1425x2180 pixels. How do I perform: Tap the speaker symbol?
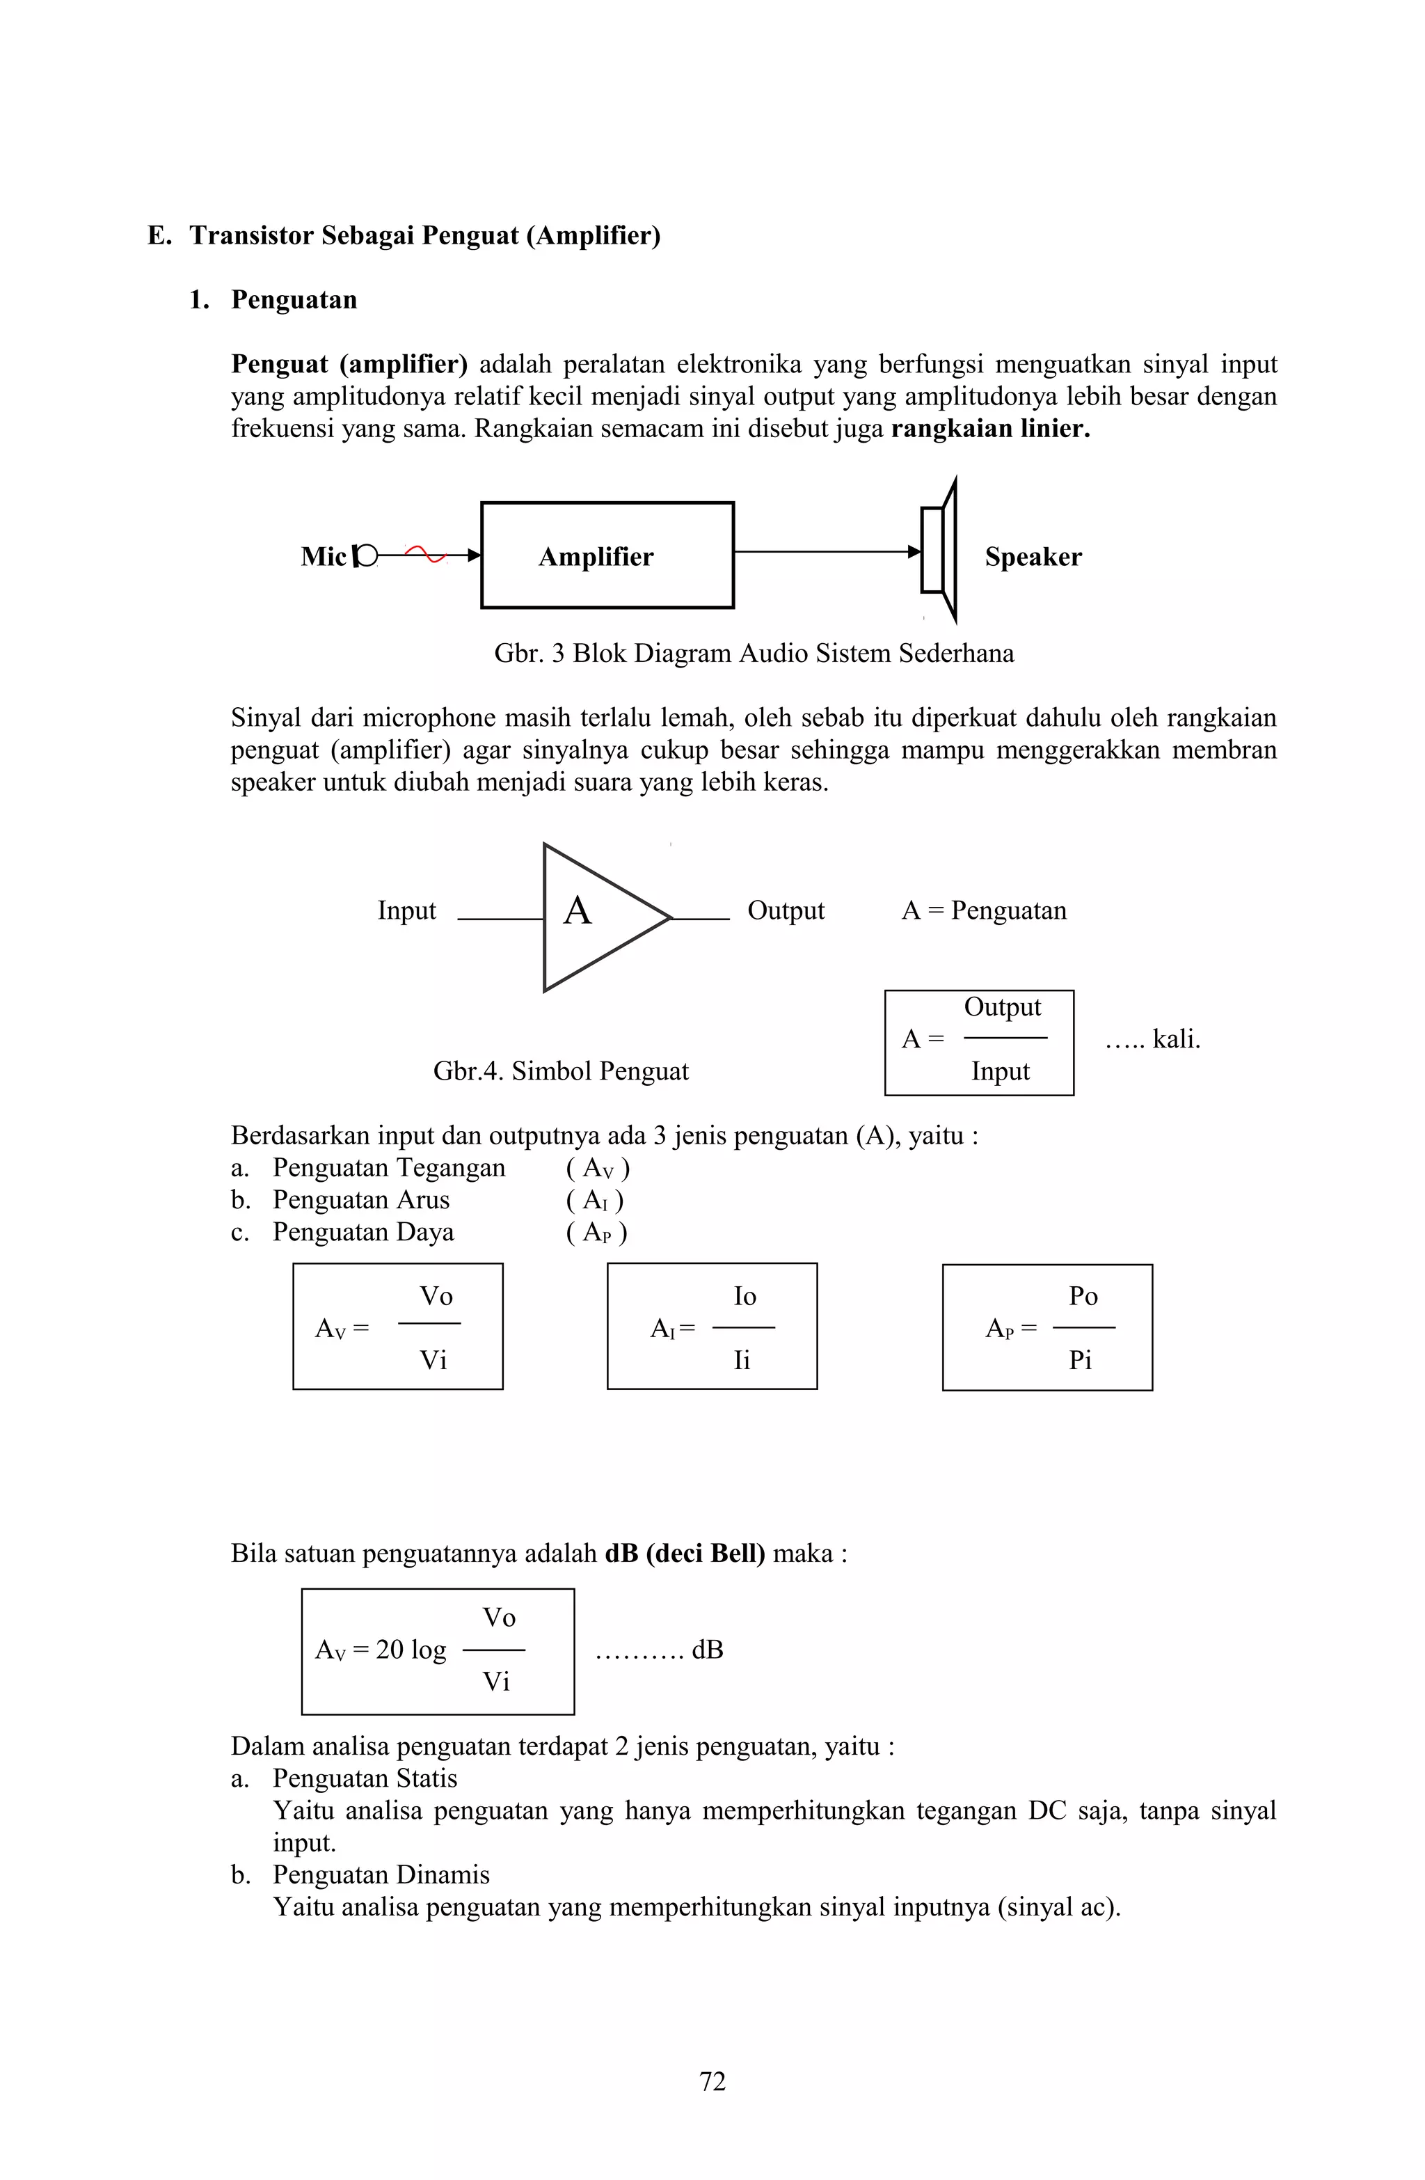939,551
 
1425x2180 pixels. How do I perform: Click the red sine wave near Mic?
424,553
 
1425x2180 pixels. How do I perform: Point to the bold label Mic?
324,557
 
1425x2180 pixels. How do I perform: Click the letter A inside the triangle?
577,911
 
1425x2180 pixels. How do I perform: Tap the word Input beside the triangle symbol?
406,910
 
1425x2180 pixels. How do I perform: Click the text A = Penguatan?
984,910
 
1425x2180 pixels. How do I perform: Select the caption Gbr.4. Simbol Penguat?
561,1071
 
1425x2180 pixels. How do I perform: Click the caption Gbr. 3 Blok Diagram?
753,653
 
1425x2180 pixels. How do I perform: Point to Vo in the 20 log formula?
499,1618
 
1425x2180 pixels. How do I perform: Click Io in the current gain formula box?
745,1296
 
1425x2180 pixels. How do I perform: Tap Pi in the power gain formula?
1080,1360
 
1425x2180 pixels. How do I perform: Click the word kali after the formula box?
1176,1040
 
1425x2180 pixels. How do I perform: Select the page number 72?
712,2082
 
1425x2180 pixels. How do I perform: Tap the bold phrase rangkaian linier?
990,429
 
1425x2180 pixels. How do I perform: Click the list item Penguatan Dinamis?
381,1875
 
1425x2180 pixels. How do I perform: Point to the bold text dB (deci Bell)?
684,1554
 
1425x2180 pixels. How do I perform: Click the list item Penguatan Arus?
361,1200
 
